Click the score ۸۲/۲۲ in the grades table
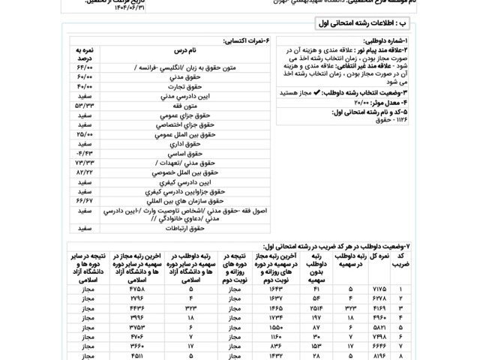83,172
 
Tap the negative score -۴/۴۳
83,154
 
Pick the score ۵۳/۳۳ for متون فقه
83,106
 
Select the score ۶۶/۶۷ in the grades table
83,200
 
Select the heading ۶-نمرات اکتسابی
247,40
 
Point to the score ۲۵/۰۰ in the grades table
83,133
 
